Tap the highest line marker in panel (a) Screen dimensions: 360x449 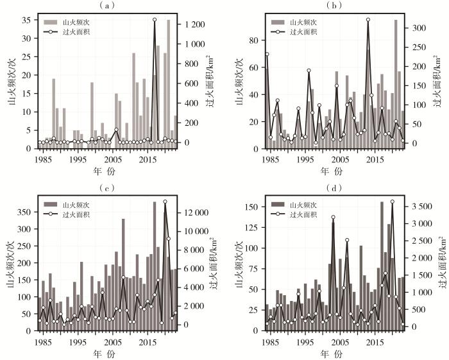pyautogui.click(x=155, y=20)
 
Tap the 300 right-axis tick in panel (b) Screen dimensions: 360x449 pyautogui.click(x=421, y=28)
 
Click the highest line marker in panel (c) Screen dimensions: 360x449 pyautogui.click(x=165, y=201)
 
